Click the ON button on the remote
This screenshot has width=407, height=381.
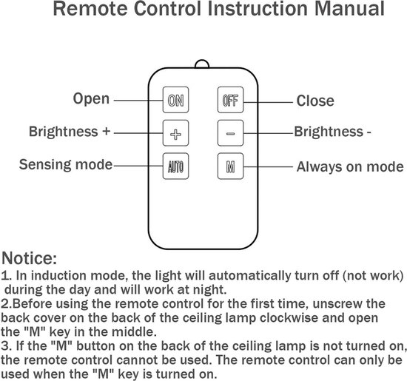[x=175, y=100]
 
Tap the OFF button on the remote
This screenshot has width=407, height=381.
[x=230, y=100]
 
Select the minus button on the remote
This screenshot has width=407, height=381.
[x=230, y=133]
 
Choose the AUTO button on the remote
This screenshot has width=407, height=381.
[x=175, y=166]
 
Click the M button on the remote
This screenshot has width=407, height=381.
[x=230, y=166]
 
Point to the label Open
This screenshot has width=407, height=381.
[x=91, y=99]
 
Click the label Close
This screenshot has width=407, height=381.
[x=315, y=101]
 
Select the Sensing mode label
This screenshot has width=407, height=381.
[x=66, y=164]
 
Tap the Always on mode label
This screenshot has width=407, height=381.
[x=350, y=166]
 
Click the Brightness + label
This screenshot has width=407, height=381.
[x=70, y=132]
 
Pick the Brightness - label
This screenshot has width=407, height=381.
[x=332, y=132]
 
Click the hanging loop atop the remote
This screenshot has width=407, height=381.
[x=202, y=61]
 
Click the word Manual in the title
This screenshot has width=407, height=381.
[x=349, y=9]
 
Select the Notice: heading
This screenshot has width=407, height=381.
[x=29, y=258]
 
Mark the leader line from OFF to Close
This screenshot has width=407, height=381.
[x=269, y=102]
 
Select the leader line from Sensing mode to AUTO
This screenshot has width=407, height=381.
[x=138, y=166]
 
